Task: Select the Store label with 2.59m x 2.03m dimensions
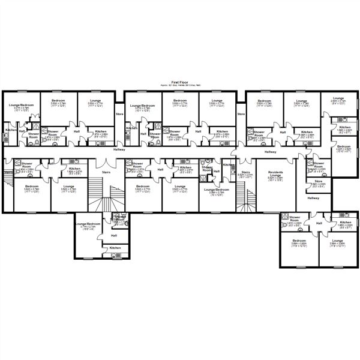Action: [x=318, y=181]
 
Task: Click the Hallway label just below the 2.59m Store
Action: [x=313, y=197]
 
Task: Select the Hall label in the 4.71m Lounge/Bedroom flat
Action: [x=113, y=235]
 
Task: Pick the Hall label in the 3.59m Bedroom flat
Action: [x=319, y=223]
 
